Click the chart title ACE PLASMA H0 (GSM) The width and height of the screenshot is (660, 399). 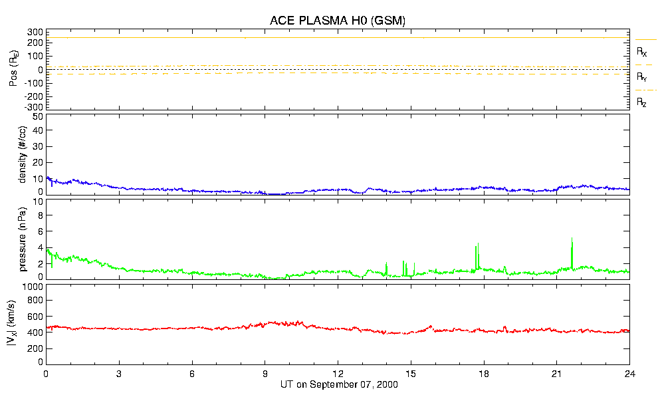(338, 21)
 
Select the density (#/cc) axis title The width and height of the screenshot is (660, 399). (21, 155)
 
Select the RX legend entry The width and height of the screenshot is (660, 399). (642, 51)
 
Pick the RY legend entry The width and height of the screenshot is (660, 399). (642, 77)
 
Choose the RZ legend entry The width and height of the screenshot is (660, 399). (642, 102)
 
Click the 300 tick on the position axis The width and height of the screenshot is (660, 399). (35, 32)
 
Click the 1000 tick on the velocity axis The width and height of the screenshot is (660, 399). (33, 287)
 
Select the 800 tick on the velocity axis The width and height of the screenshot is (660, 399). (35, 301)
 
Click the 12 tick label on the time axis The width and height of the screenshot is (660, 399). (338, 373)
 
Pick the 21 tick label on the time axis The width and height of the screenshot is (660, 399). (557, 373)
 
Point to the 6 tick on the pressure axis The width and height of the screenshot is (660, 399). (40, 231)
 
